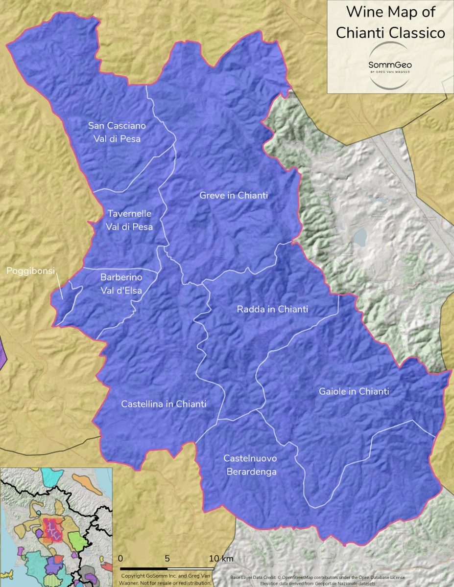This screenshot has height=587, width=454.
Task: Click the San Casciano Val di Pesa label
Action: click(117, 132)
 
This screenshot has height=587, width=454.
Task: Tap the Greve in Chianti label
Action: click(234, 196)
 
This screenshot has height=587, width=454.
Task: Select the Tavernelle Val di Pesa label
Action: click(129, 220)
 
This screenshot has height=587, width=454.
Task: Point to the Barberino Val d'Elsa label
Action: click(121, 284)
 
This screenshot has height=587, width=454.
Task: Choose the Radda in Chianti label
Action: click(272, 309)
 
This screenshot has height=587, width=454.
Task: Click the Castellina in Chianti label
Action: click(164, 404)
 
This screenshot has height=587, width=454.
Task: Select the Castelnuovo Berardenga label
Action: click(251, 465)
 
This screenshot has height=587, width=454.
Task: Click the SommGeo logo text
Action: click(390, 65)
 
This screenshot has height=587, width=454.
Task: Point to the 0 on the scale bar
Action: click(120, 558)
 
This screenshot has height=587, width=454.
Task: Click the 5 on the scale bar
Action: click(167, 558)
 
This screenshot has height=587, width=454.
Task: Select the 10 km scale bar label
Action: click(221, 558)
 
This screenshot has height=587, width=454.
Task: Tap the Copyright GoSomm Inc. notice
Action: click(166, 580)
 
